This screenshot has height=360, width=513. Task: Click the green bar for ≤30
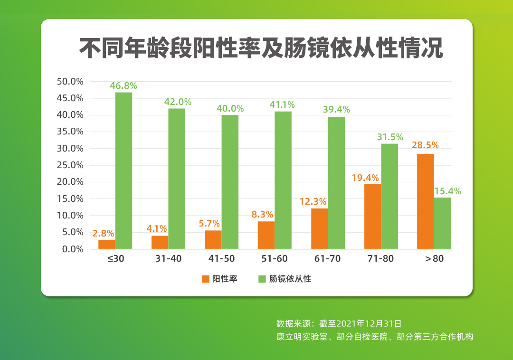(123, 171)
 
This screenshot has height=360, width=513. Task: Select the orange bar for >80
(425, 201)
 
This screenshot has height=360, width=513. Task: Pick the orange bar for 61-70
(319, 228)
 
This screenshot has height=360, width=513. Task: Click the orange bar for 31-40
(160, 242)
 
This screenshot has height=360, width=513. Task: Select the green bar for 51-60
(283, 180)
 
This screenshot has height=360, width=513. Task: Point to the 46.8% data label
(123, 86)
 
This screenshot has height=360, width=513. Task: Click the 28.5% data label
(425, 145)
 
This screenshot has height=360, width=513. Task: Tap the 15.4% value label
(447, 191)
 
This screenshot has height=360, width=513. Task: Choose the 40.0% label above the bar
(230, 109)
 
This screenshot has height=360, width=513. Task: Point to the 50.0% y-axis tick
(70, 81)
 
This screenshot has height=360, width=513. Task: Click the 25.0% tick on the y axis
(70, 165)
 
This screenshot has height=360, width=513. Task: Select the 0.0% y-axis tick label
(72, 249)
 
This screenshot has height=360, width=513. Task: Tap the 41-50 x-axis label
(221, 259)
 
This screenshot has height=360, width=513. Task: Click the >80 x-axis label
(434, 259)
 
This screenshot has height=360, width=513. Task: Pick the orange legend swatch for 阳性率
(206, 279)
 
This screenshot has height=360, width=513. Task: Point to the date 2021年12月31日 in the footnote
(369, 324)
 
